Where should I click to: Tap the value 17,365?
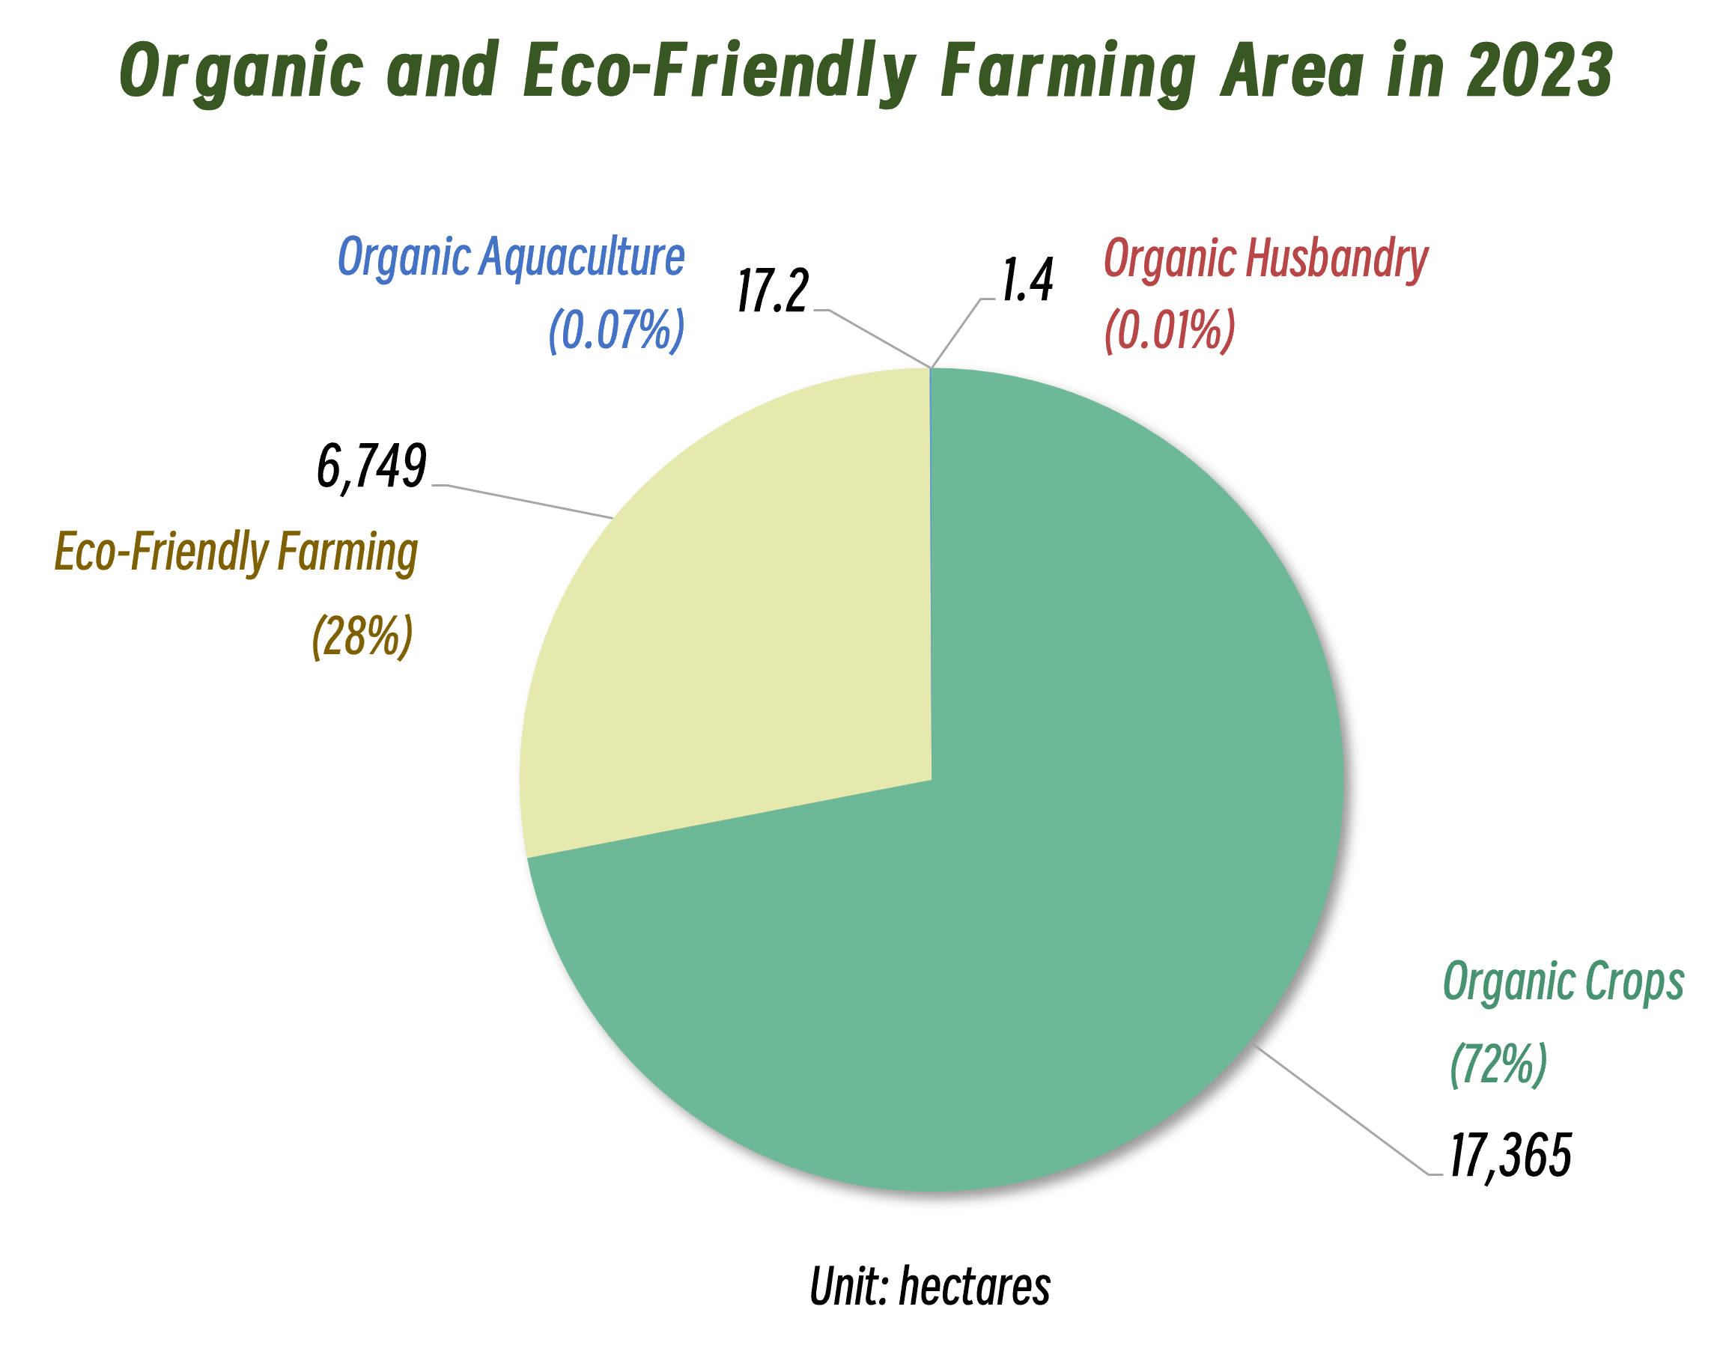(x=1510, y=1156)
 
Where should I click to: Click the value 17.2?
(x=772, y=290)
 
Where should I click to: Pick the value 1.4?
(x=1027, y=280)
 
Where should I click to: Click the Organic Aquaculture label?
(x=511, y=257)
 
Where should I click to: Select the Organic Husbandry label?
(x=1265, y=258)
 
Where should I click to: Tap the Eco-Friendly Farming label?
(x=236, y=552)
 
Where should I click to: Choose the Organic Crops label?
(x=1564, y=981)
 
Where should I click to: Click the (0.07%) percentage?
(x=616, y=329)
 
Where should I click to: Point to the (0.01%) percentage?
(x=1170, y=329)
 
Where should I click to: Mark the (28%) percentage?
(x=362, y=635)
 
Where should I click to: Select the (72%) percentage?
(x=1498, y=1064)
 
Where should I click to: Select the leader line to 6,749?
(x=528, y=501)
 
